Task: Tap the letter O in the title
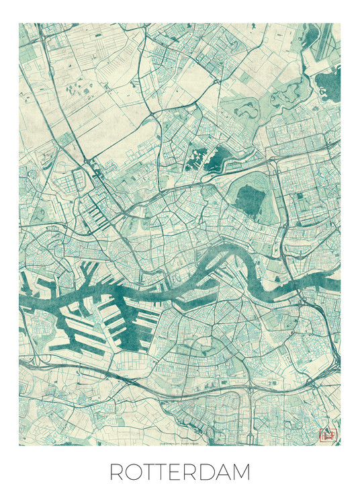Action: point(136,472)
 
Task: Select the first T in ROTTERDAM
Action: point(152,472)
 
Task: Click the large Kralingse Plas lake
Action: point(249,198)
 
